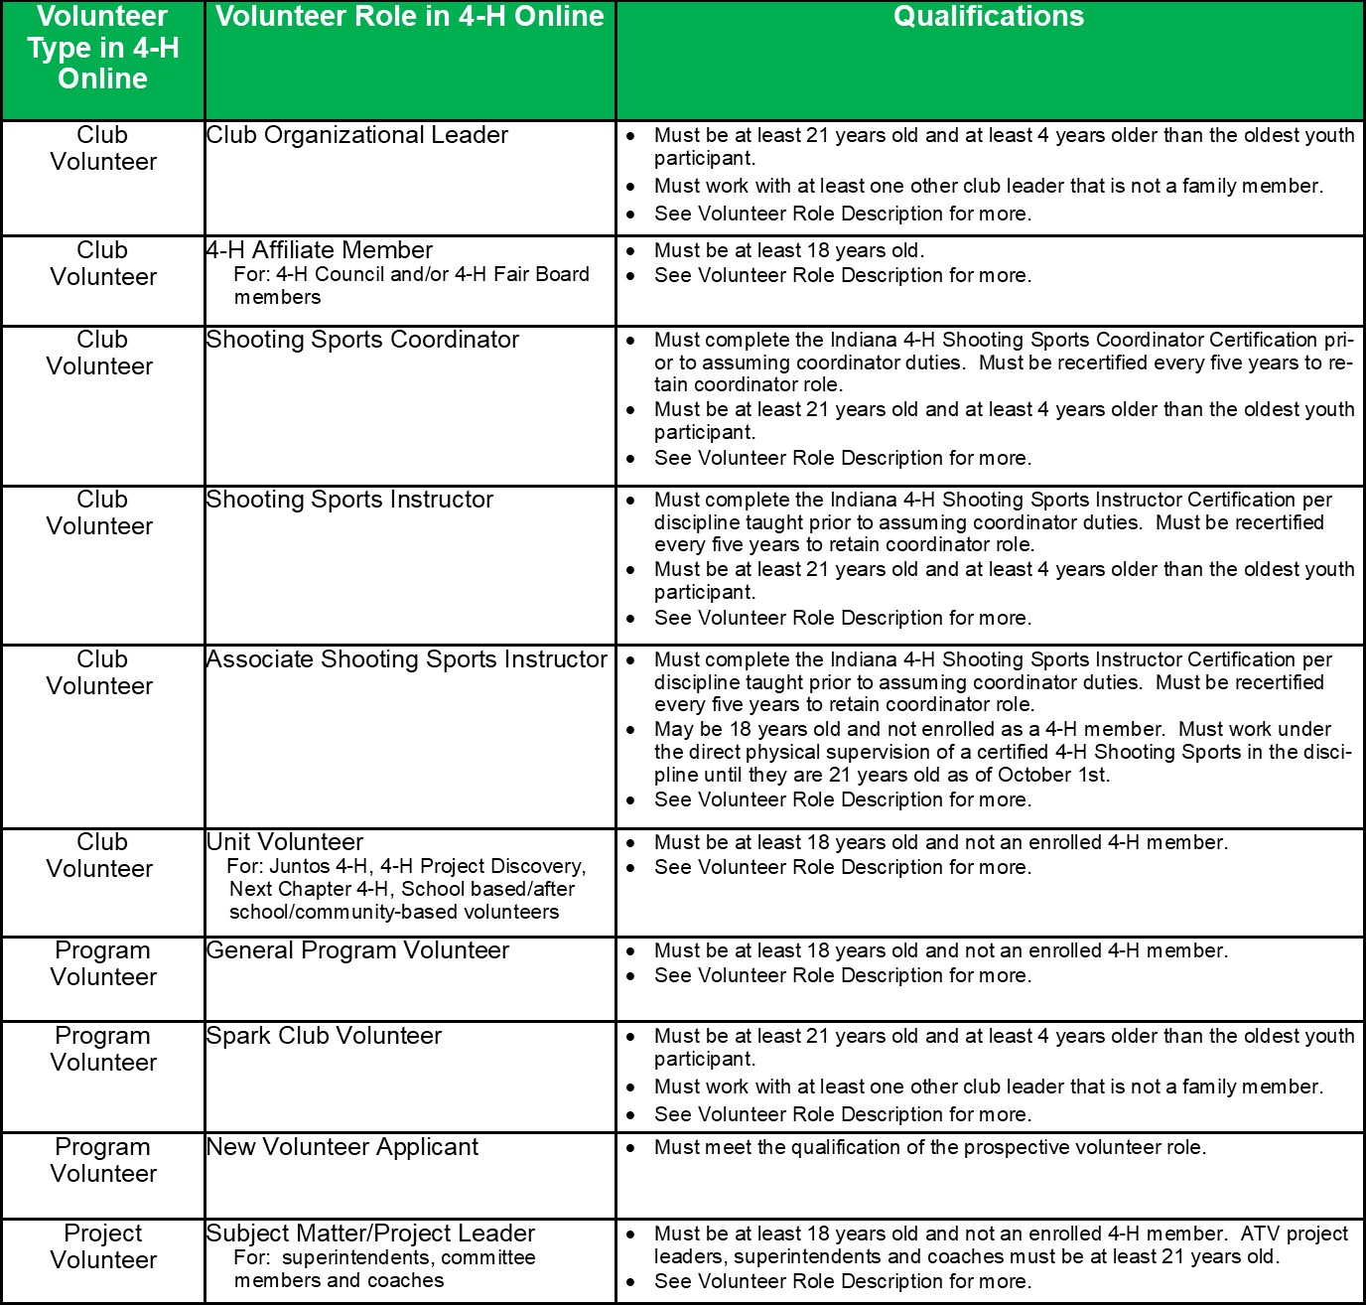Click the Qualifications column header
(x=989, y=17)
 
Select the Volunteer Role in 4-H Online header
(x=409, y=17)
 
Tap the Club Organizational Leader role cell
(x=357, y=135)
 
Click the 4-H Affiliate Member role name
(x=320, y=250)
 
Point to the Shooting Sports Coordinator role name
(x=362, y=340)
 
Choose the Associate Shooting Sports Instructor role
(x=407, y=659)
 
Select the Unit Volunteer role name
(x=285, y=842)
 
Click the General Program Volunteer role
(x=357, y=950)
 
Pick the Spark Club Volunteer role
(x=324, y=1036)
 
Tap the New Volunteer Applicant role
(x=342, y=1147)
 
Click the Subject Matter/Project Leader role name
(x=370, y=1233)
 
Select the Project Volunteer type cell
(x=103, y=1246)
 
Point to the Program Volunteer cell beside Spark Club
(x=103, y=1049)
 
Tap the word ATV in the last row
(x=1261, y=1233)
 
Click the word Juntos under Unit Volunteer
(x=300, y=866)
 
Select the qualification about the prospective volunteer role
(x=930, y=1147)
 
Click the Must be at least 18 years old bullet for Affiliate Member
(x=789, y=250)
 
